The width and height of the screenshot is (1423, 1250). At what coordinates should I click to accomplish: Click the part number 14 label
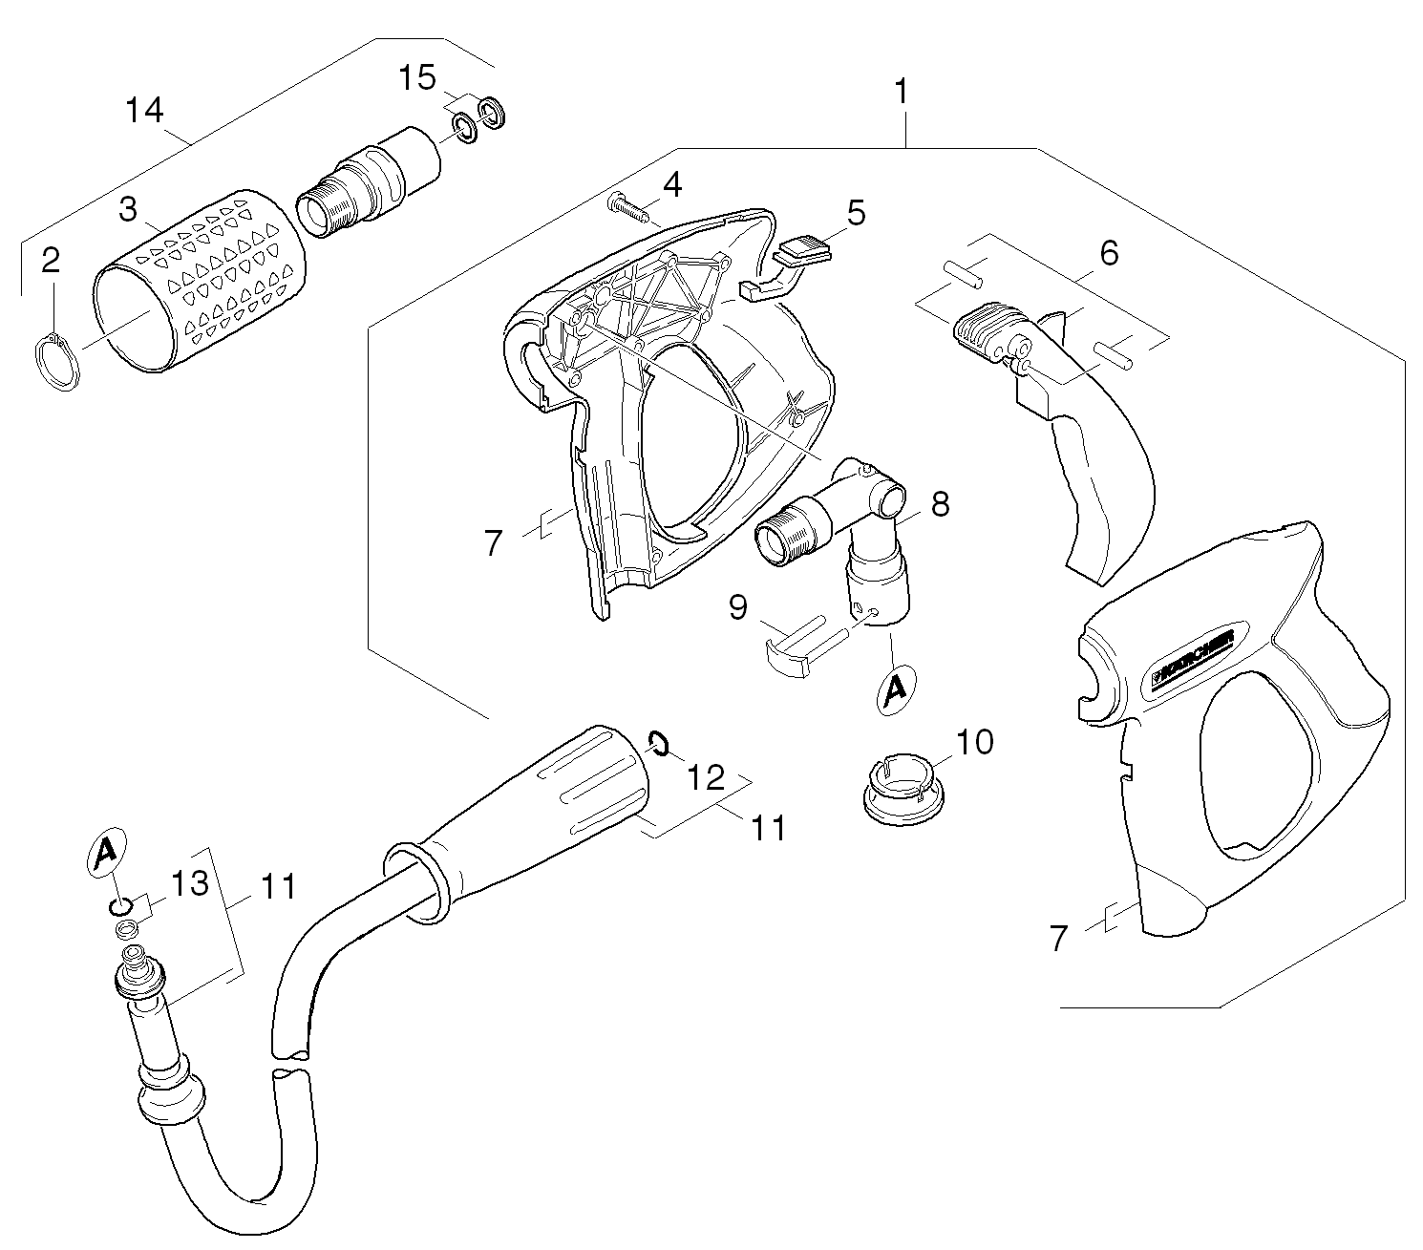[144, 111]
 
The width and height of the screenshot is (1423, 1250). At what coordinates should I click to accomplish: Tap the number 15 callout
[417, 77]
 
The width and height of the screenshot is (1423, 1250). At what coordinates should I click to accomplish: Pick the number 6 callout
[1109, 253]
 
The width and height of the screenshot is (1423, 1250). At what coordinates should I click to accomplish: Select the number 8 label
[940, 504]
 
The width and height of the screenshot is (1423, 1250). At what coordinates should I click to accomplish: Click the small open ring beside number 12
[655, 741]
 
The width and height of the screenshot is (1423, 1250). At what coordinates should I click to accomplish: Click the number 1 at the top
[901, 94]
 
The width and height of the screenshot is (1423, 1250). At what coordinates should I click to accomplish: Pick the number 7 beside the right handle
[1057, 939]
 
